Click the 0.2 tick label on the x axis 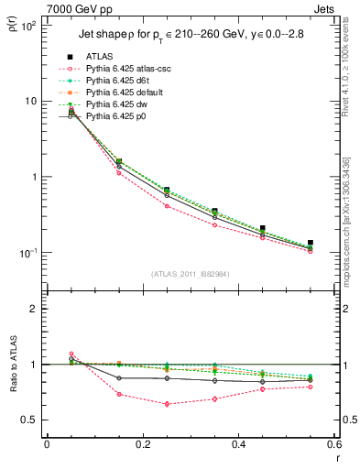(142, 445)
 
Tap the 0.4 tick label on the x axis (238, 445)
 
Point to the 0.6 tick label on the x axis (333, 445)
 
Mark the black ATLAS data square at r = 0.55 (311, 243)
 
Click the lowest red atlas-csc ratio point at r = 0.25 (167, 404)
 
